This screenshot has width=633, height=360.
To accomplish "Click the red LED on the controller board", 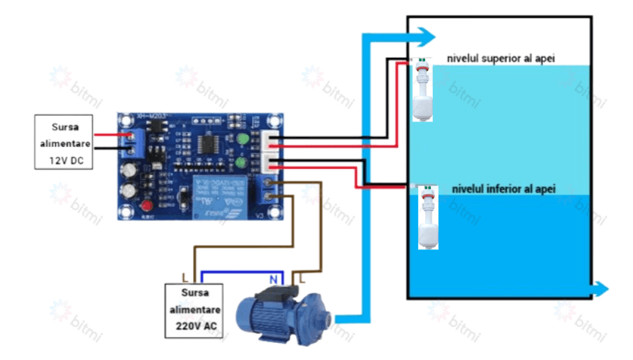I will pyautogui.click(x=148, y=207).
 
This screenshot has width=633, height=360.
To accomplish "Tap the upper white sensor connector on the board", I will pyautogui.click(x=270, y=143).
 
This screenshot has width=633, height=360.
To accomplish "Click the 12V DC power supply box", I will pyautogui.click(x=65, y=142).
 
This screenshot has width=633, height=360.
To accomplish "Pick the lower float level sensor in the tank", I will pyautogui.click(x=428, y=217).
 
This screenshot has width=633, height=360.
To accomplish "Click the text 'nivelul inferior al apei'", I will pyautogui.click(x=504, y=189).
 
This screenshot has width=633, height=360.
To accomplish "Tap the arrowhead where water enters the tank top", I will pyautogui.click(x=425, y=36).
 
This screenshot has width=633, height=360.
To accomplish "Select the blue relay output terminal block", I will pyautogui.click(x=270, y=190).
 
